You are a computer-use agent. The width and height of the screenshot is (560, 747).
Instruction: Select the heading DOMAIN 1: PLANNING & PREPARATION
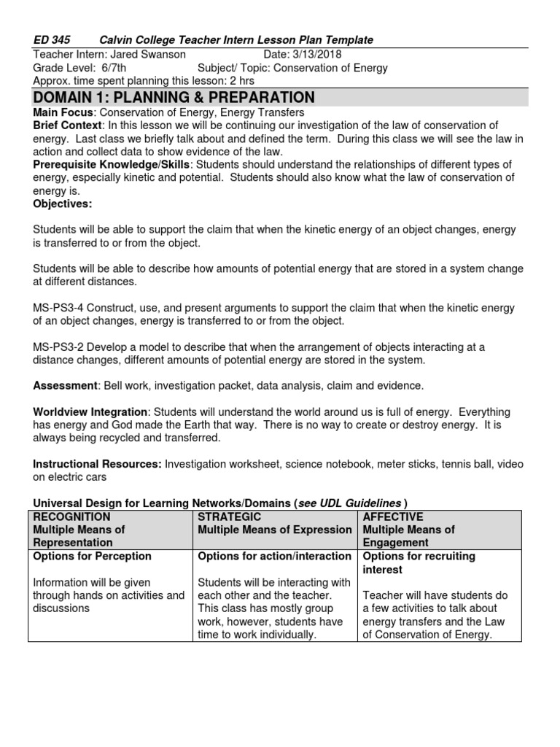point(174,98)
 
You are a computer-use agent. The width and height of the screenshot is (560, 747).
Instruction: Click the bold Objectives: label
point(63,204)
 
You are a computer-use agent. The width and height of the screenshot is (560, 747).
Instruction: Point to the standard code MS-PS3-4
point(61,308)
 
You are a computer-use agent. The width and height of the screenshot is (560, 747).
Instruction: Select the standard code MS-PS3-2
point(61,347)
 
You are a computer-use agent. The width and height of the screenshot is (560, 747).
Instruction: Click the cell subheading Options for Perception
point(93,556)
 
